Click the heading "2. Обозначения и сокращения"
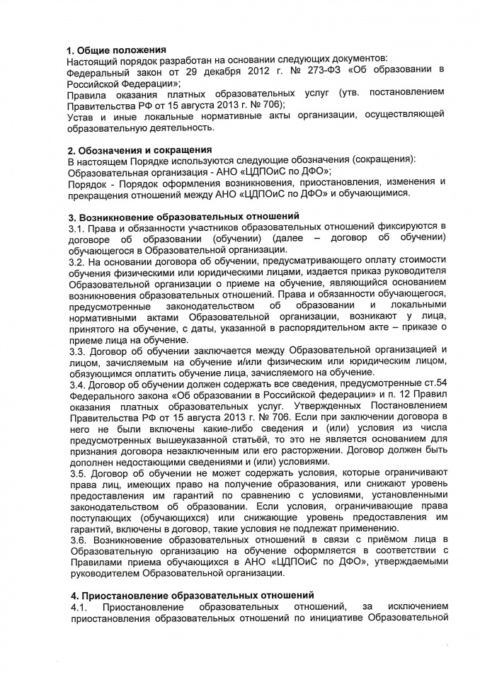point(139,150)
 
